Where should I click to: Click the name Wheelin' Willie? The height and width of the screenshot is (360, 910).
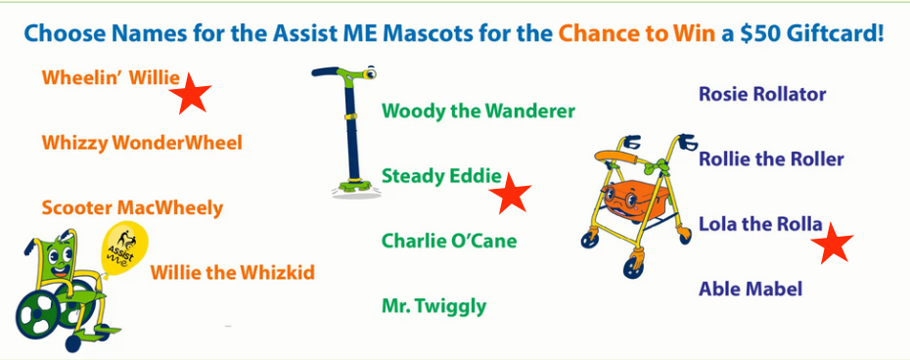111,78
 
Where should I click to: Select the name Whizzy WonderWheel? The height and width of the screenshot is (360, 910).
142,143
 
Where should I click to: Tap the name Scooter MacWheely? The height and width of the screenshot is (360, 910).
132,207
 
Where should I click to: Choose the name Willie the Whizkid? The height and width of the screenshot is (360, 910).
232,272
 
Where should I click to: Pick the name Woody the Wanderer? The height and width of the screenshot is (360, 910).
478,111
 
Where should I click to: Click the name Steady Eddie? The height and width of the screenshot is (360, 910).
441,175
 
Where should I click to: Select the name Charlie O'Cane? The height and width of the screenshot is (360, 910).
448,241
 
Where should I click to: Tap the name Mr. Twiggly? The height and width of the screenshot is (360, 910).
433,306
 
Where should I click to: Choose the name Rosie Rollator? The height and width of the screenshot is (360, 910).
762,94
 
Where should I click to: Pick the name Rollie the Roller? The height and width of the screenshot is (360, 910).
771,159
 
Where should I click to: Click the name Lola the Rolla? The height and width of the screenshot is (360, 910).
760,224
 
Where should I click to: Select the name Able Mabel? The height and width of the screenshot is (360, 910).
751,289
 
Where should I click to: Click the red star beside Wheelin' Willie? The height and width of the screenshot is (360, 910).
191,94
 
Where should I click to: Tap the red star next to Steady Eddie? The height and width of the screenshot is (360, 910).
511,194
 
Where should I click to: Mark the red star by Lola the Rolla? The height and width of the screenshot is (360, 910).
832,243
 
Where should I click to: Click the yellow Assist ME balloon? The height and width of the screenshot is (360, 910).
124,247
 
